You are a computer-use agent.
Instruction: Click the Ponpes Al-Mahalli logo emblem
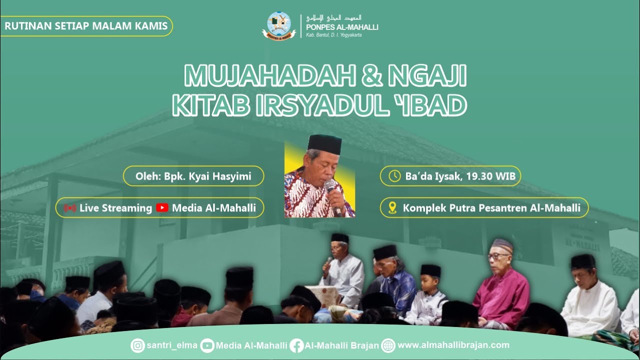[279, 25]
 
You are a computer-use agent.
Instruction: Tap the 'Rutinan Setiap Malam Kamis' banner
[86, 26]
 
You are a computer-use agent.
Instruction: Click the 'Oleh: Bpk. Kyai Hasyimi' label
[193, 176]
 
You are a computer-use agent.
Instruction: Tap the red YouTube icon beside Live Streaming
[162, 208]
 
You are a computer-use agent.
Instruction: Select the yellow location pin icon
[392, 208]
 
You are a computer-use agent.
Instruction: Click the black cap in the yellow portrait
[324, 143]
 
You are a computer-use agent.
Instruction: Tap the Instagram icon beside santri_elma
[137, 345]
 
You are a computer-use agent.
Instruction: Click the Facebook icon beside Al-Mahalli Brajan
[296, 345]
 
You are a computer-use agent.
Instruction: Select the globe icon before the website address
[388, 345]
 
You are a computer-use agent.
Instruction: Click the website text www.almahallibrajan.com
[453, 345]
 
